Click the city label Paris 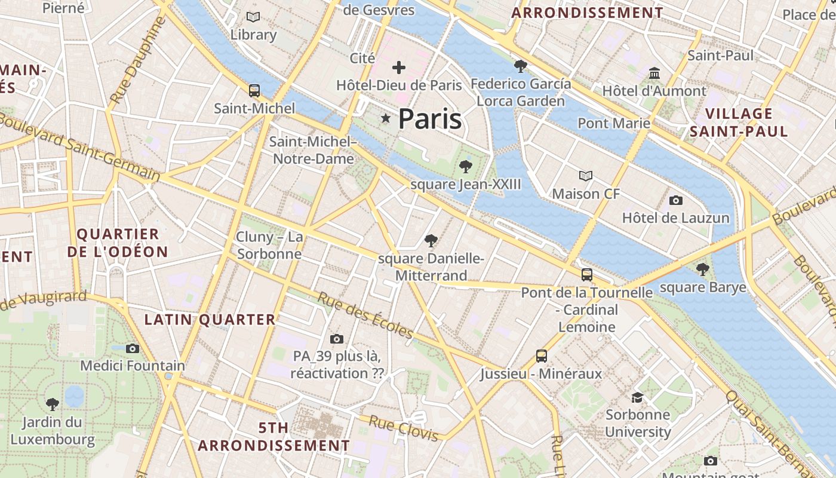coord(430,119)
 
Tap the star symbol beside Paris coord(386,119)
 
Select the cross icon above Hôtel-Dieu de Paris coord(398,68)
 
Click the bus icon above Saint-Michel coord(254,91)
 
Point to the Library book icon coord(253,17)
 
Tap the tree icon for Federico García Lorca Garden coord(521,66)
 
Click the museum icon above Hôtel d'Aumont coord(654,73)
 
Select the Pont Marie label coord(614,123)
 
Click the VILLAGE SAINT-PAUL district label coord(739,122)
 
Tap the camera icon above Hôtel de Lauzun coord(676,200)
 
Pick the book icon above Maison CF coord(586,176)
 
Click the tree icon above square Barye coord(703,269)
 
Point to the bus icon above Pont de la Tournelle coord(587,275)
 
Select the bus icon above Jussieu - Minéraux coord(542,356)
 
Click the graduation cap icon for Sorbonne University coord(638,397)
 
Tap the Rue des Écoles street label coord(365,315)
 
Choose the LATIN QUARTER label coord(210,320)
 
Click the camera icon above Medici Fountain coord(133,348)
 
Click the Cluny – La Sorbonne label coord(269,245)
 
